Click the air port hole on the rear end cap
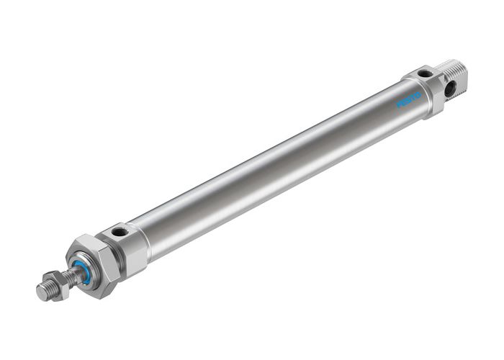click(426, 73)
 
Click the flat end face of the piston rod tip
click(41, 292)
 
